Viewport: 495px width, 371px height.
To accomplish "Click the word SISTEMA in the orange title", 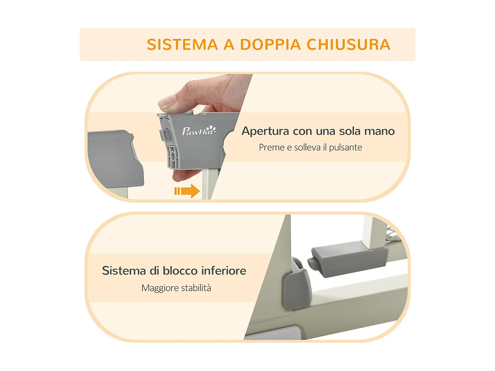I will tap(182, 45).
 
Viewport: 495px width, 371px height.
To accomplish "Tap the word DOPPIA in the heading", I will tap(270, 45).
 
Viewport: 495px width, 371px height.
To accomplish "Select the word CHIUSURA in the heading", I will tap(348, 45).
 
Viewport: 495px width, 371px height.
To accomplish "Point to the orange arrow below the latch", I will tap(187, 191).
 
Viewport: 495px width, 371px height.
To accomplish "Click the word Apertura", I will tap(265, 131).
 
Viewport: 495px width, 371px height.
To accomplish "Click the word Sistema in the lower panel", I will tap(124, 271).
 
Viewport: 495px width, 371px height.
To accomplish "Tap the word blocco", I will tap(180, 271).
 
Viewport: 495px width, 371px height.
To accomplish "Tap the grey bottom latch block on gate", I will tap(348, 259).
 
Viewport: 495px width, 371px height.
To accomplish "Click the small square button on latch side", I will tap(166, 135).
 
